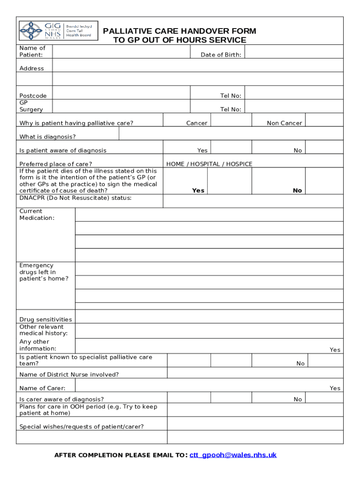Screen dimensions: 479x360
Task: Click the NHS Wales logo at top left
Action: [58, 30]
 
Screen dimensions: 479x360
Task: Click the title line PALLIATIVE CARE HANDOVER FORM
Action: [180, 31]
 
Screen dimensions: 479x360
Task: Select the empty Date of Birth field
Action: [294, 52]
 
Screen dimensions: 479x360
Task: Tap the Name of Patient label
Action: [32, 51]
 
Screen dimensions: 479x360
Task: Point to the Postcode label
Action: [33, 96]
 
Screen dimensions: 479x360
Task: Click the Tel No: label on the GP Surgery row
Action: [230, 109]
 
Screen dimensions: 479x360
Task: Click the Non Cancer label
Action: [284, 123]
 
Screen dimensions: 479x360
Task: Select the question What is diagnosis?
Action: [48, 137]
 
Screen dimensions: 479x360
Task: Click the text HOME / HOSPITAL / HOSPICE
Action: [209, 164]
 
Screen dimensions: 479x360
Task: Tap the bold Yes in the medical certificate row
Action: [198, 190]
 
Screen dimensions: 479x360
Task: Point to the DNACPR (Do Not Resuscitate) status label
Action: [75, 198]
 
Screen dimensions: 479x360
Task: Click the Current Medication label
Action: [37, 215]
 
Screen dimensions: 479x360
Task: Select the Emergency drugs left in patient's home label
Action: [44, 272]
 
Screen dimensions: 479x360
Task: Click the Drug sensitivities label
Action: [46, 319]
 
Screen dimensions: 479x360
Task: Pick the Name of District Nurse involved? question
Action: [69, 374]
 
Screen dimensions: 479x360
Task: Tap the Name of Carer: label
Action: [43, 388]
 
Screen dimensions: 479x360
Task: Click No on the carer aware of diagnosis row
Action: [298, 399]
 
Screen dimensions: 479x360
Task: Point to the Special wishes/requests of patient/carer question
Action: [82, 426]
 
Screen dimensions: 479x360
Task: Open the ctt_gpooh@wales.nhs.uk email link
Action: [233, 455]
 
